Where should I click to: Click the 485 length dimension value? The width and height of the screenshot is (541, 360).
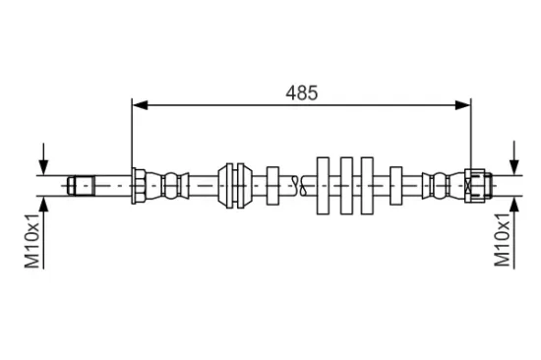click(302, 92)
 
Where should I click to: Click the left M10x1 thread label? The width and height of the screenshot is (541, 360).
click(32, 241)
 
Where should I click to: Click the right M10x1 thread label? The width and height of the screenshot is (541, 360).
click(503, 240)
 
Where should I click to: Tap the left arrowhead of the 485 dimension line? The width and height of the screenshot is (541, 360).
click(141, 105)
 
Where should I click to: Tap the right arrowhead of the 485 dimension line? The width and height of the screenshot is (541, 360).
click(462, 105)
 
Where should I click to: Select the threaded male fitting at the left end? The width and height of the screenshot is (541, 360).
click(82, 186)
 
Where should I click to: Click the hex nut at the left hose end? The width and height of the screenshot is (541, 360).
click(139, 186)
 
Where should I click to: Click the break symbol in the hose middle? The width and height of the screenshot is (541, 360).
click(299, 186)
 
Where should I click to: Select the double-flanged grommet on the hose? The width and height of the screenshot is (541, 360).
click(235, 186)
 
